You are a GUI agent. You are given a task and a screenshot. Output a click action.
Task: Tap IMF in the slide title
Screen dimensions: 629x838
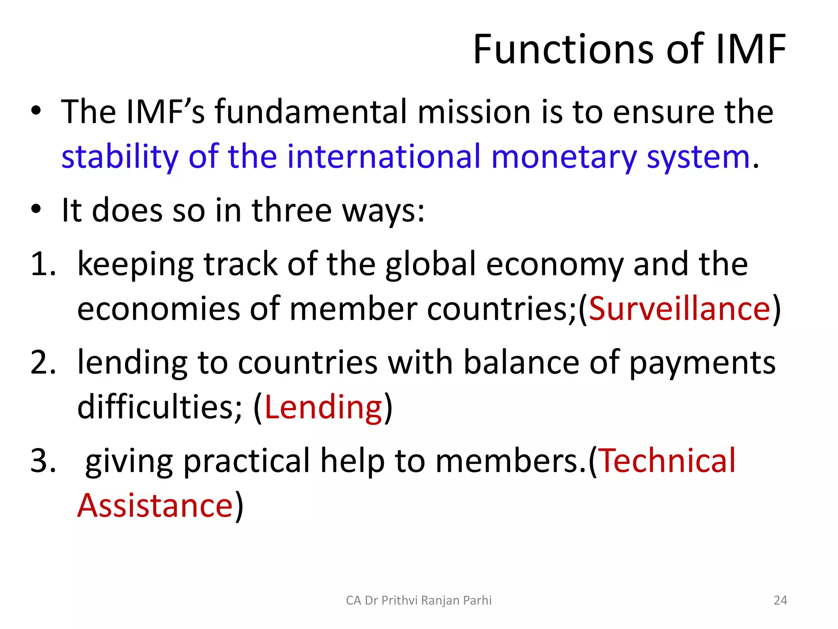(x=751, y=50)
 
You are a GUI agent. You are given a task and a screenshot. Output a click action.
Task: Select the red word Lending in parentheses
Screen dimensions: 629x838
(x=323, y=407)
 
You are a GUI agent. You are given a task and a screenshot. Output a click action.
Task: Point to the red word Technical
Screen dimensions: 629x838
(x=667, y=460)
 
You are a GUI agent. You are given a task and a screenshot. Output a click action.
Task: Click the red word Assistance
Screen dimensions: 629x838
(x=155, y=505)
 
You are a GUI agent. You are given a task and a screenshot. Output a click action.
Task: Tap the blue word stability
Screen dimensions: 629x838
(x=120, y=157)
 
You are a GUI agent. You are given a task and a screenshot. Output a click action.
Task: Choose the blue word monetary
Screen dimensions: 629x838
(x=564, y=157)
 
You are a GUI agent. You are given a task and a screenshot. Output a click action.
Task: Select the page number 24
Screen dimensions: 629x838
(x=780, y=600)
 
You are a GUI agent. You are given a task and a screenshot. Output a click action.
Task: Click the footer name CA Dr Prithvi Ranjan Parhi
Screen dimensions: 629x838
(x=419, y=600)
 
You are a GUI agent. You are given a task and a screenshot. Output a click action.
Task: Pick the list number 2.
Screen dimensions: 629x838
(x=42, y=363)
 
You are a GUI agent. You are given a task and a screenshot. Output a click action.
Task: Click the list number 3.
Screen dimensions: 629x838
(x=42, y=460)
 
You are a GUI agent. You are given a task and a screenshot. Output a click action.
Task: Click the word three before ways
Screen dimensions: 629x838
(x=291, y=210)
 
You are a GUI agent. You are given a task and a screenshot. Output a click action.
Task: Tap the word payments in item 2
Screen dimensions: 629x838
(x=702, y=363)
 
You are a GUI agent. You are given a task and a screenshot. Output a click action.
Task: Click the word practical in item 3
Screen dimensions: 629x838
(x=247, y=460)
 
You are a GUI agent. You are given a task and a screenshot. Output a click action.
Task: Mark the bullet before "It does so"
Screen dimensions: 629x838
(x=36, y=209)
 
